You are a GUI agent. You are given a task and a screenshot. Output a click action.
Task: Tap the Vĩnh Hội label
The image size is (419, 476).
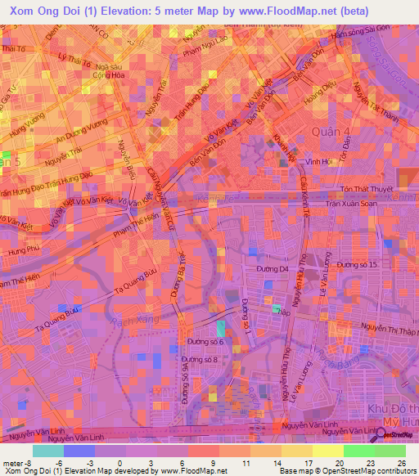click(318, 162)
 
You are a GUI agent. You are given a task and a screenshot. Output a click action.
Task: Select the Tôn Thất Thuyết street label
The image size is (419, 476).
click(364, 188)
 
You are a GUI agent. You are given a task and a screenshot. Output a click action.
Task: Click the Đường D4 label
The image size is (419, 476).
click(274, 268)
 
